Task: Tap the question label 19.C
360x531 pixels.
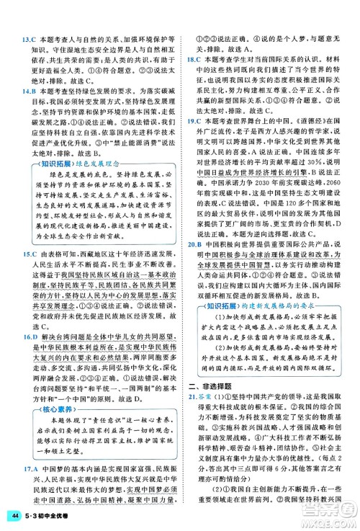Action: (194, 122)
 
